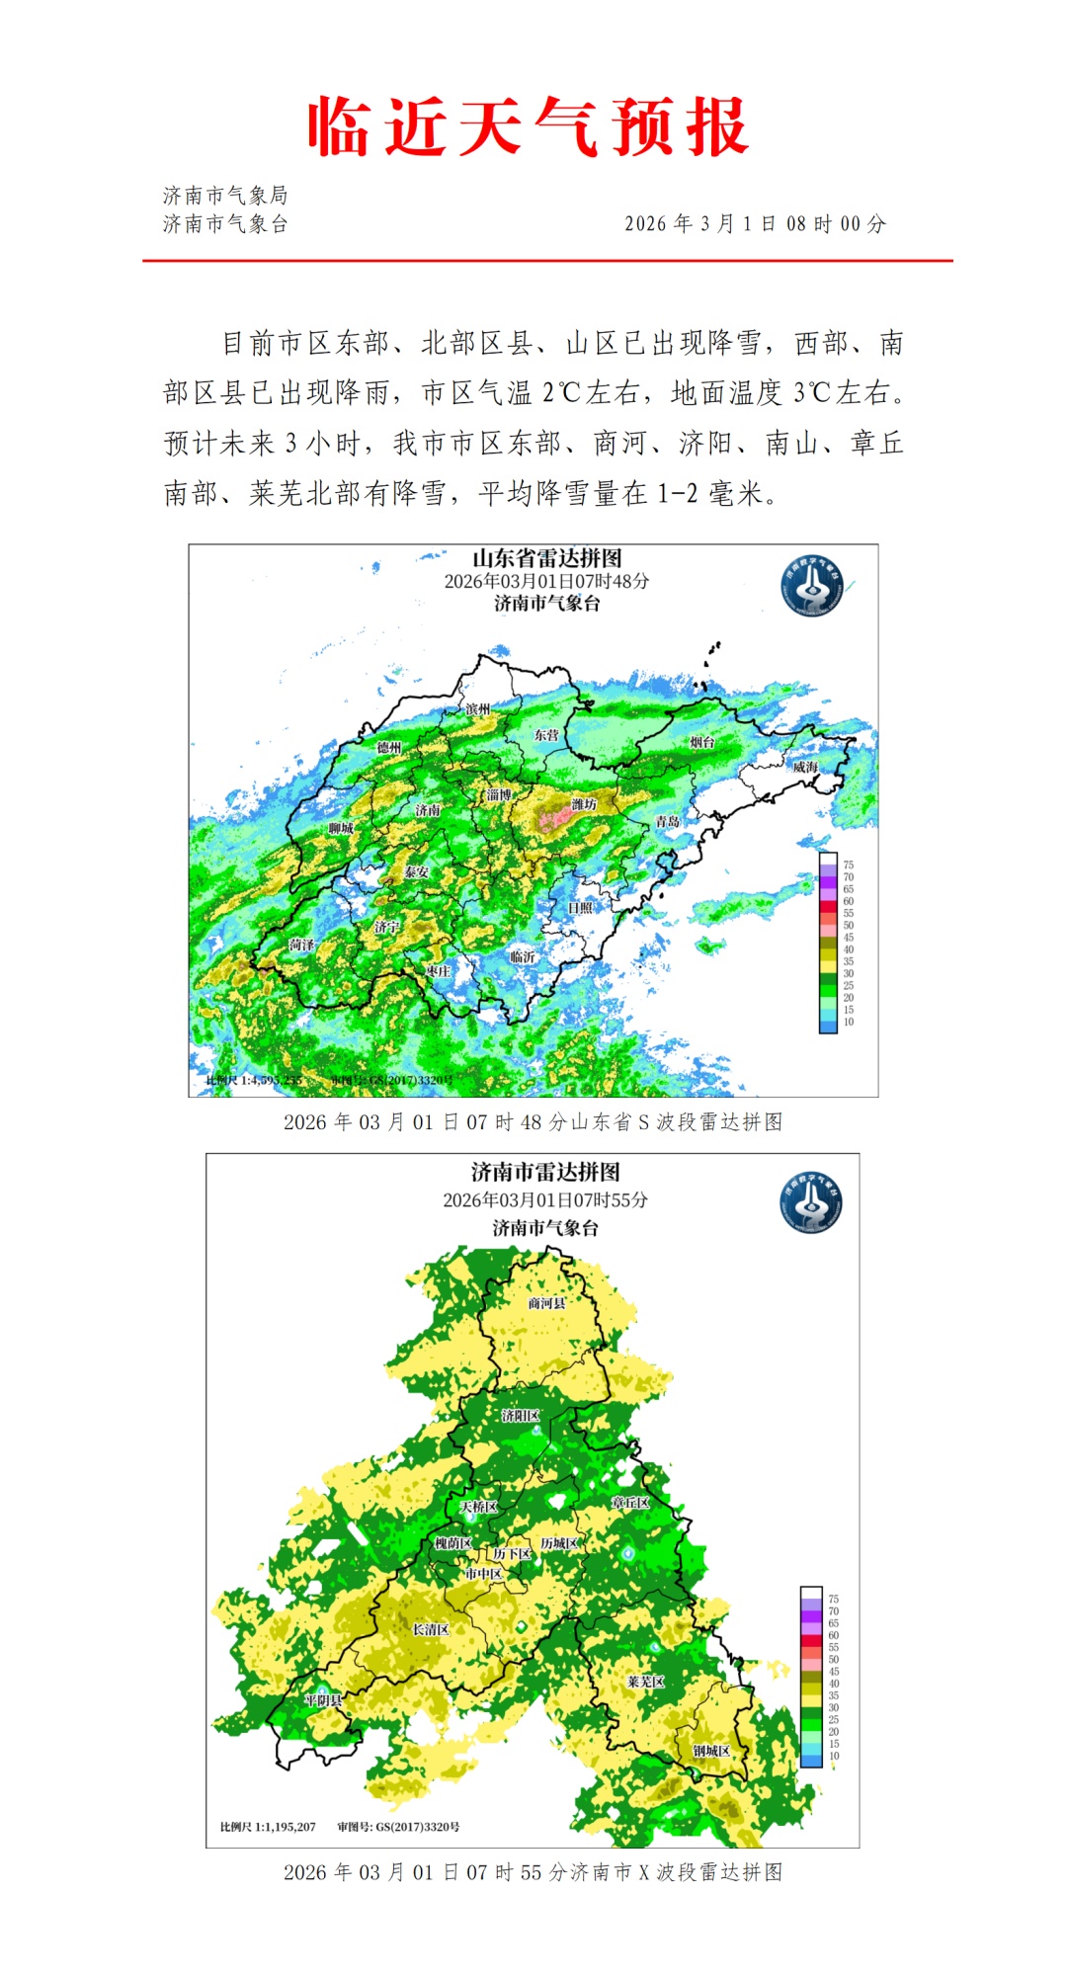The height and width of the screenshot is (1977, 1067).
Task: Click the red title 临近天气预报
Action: click(x=529, y=126)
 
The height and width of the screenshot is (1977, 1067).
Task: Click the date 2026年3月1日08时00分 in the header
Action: click(x=755, y=224)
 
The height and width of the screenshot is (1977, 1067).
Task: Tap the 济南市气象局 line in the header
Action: click(x=225, y=196)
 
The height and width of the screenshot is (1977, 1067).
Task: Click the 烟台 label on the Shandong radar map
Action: click(x=702, y=742)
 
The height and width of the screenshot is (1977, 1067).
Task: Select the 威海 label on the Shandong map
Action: click(x=805, y=767)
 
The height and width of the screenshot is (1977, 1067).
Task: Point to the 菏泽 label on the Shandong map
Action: click(x=302, y=946)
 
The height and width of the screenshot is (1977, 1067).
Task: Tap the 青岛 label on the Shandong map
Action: click(x=668, y=822)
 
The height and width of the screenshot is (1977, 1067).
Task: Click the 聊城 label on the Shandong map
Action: click(x=341, y=828)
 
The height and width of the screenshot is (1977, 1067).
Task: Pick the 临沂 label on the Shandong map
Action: click(x=523, y=956)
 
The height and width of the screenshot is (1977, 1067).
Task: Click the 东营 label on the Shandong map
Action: click(x=546, y=735)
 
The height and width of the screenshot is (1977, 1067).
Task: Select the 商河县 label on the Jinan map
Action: click(x=547, y=1303)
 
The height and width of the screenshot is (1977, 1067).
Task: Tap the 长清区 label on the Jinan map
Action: click(x=431, y=1629)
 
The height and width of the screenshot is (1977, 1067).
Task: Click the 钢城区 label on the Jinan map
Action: click(x=711, y=1751)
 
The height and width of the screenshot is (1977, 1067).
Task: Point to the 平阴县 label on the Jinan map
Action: click(x=323, y=1700)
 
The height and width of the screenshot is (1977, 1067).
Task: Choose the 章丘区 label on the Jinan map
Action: click(x=630, y=1503)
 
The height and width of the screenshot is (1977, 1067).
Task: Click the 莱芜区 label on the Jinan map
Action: click(x=646, y=1682)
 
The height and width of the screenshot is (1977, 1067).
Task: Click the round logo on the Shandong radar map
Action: click(x=812, y=586)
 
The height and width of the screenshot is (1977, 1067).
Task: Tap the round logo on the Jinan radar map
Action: click(x=811, y=1202)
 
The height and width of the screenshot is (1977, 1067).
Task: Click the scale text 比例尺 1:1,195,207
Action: click(x=268, y=1827)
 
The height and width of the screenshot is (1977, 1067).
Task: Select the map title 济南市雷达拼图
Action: click(x=545, y=1173)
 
